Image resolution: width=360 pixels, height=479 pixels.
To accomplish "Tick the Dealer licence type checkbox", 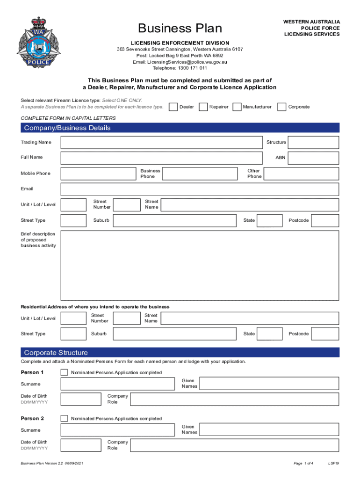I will (173, 107).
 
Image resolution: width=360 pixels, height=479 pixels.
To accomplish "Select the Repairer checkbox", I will (203, 107).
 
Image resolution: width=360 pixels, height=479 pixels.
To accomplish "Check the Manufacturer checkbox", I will (237, 107).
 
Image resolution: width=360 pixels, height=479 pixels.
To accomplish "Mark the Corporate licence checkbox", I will (281, 107).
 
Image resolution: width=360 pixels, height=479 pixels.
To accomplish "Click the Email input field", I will (200, 189).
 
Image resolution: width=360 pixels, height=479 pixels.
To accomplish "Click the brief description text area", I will (200, 265).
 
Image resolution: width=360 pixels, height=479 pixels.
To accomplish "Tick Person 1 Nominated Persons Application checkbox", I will (65, 373).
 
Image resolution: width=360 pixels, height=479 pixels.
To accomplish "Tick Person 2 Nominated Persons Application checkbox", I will (65, 419).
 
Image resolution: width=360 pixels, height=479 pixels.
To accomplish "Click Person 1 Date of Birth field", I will (81, 399).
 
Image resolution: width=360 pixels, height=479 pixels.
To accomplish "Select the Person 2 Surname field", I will (117, 430).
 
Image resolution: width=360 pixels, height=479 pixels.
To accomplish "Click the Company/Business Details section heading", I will (67, 128).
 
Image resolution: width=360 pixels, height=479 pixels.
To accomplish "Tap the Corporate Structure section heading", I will (56, 353).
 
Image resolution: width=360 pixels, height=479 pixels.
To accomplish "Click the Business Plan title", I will (180, 29).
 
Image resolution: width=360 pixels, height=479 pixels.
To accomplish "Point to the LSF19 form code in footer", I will (333, 463).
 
